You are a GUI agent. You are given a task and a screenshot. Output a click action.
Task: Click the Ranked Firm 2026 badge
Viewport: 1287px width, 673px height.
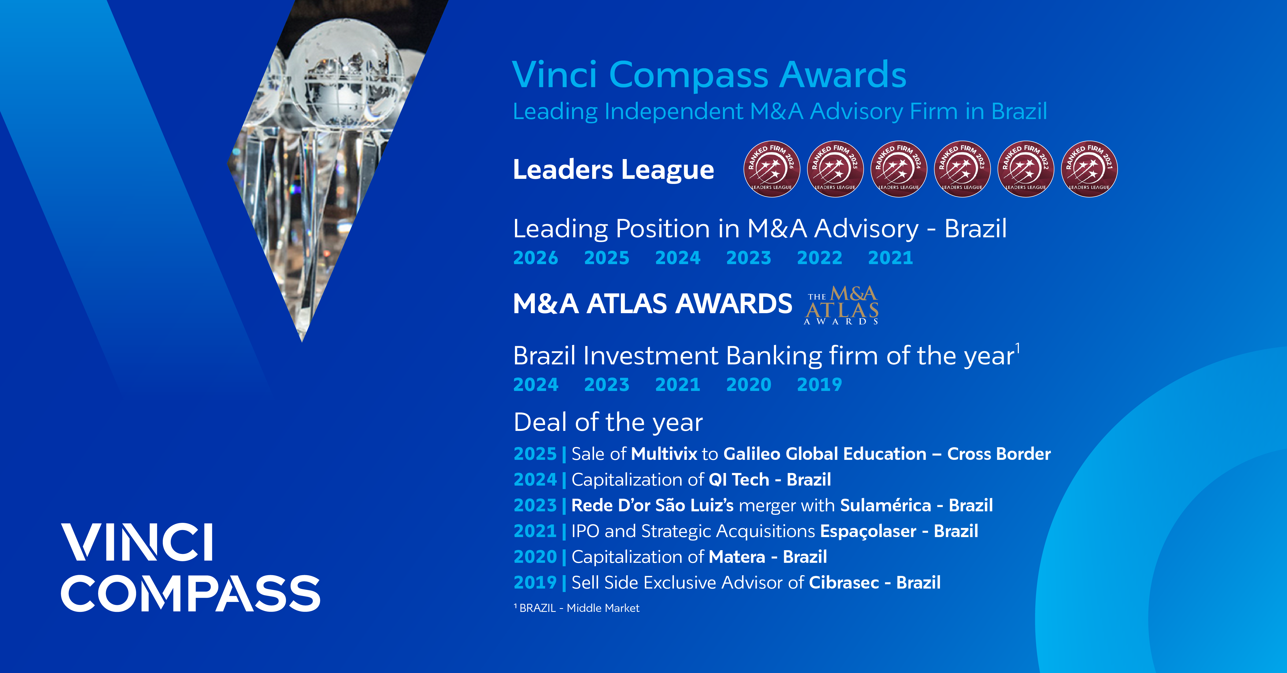[772, 169]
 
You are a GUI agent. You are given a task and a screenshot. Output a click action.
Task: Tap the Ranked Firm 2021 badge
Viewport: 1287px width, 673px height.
[1089, 169]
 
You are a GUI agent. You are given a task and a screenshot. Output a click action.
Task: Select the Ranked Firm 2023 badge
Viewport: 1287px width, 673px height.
[962, 169]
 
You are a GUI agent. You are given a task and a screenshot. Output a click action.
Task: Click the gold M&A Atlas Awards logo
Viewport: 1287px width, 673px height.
[842, 305]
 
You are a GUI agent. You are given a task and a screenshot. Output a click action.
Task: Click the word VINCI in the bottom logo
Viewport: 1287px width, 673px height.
[138, 542]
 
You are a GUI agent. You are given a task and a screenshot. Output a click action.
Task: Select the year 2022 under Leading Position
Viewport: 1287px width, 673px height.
[819, 258]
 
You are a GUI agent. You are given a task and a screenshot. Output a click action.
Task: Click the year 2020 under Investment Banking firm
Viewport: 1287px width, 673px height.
[748, 385]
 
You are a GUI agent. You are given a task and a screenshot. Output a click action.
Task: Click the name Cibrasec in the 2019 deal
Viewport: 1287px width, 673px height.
[844, 583]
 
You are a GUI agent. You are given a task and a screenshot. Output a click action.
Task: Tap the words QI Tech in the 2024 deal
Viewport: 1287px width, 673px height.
[739, 480]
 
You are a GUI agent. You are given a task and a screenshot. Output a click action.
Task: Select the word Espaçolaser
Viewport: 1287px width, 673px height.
[868, 532]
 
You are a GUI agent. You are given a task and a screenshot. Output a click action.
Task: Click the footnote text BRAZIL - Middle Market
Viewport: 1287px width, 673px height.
[580, 608]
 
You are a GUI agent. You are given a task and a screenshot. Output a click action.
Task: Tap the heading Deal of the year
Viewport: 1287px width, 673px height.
[608, 423]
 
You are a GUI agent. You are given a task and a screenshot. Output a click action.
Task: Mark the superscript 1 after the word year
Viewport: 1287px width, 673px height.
[1018, 348]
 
